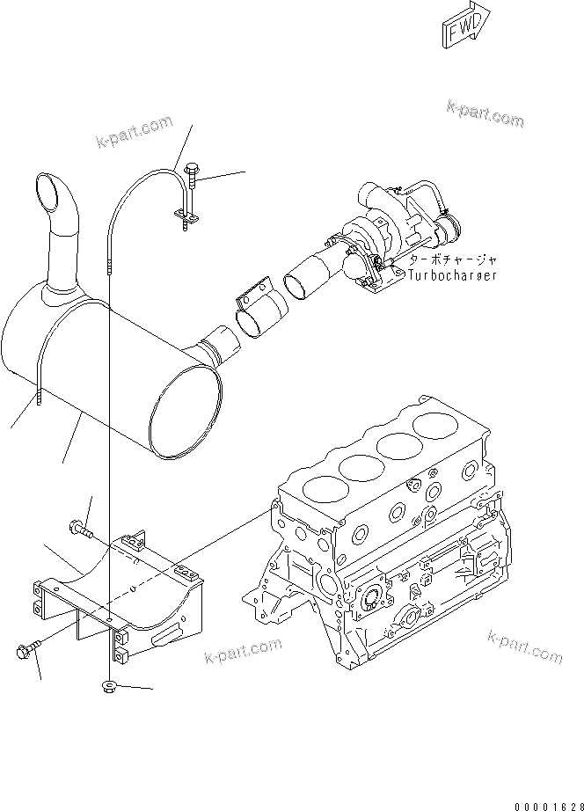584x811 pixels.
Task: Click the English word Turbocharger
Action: (452, 275)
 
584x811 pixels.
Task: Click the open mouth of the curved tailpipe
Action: (48, 190)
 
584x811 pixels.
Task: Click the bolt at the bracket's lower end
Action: (26, 652)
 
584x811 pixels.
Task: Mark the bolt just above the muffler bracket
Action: (78, 530)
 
